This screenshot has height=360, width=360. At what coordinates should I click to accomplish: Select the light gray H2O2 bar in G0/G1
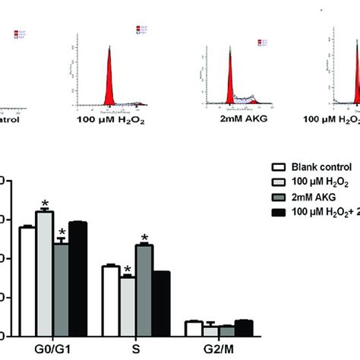click(45, 273)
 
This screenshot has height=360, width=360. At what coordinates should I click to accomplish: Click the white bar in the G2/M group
click(194, 329)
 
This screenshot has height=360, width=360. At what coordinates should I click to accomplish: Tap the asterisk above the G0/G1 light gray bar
click(45, 204)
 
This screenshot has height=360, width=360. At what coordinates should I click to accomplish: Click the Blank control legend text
click(319, 168)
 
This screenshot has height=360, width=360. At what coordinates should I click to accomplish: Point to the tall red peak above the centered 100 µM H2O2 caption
click(109, 76)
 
